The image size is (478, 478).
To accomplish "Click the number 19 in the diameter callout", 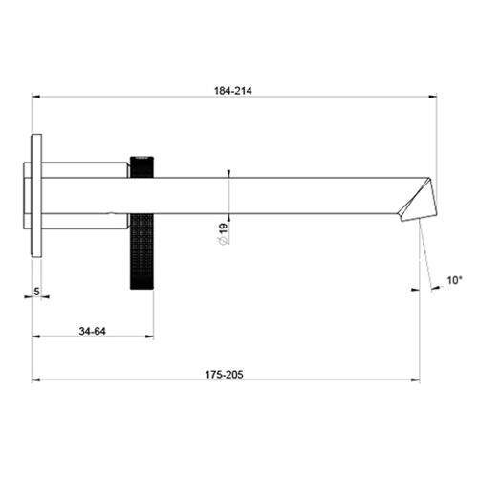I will click(222, 227).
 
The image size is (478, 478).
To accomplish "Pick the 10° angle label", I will click(453, 281).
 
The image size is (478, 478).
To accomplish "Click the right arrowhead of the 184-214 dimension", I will click(432, 97).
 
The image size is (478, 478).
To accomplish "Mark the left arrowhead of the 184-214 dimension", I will click(36, 97).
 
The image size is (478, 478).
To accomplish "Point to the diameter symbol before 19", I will click(222, 242).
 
